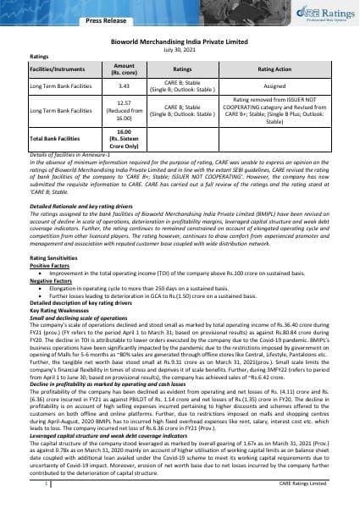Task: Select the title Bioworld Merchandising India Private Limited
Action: pos(180,41)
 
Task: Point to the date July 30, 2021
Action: pos(180,48)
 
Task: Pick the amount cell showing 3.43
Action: pos(123,86)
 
